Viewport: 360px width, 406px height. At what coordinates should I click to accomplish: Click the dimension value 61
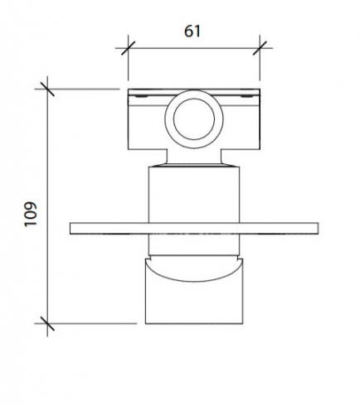192,31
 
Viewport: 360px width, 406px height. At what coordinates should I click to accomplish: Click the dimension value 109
31,215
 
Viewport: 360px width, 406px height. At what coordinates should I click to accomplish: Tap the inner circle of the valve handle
194,118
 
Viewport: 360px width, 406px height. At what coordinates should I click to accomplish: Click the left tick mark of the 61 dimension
128,48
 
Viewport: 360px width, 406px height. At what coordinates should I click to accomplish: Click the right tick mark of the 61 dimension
260,48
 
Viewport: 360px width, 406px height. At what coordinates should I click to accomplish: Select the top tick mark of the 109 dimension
47,89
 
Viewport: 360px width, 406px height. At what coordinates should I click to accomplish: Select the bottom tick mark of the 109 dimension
47,323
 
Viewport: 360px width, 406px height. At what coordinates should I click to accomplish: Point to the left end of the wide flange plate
71,229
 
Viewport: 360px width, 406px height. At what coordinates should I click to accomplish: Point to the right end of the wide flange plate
318,229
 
